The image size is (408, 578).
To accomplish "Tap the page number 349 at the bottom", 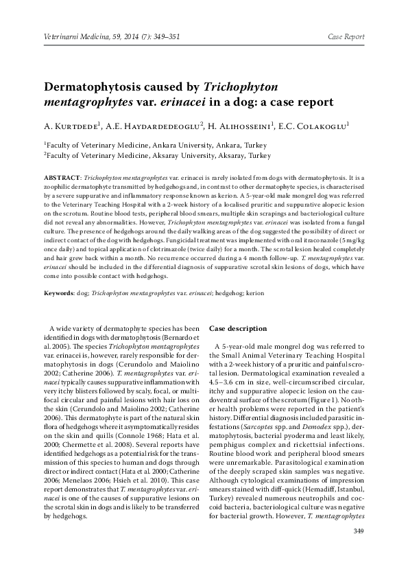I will pyautogui.click(x=357, y=531).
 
